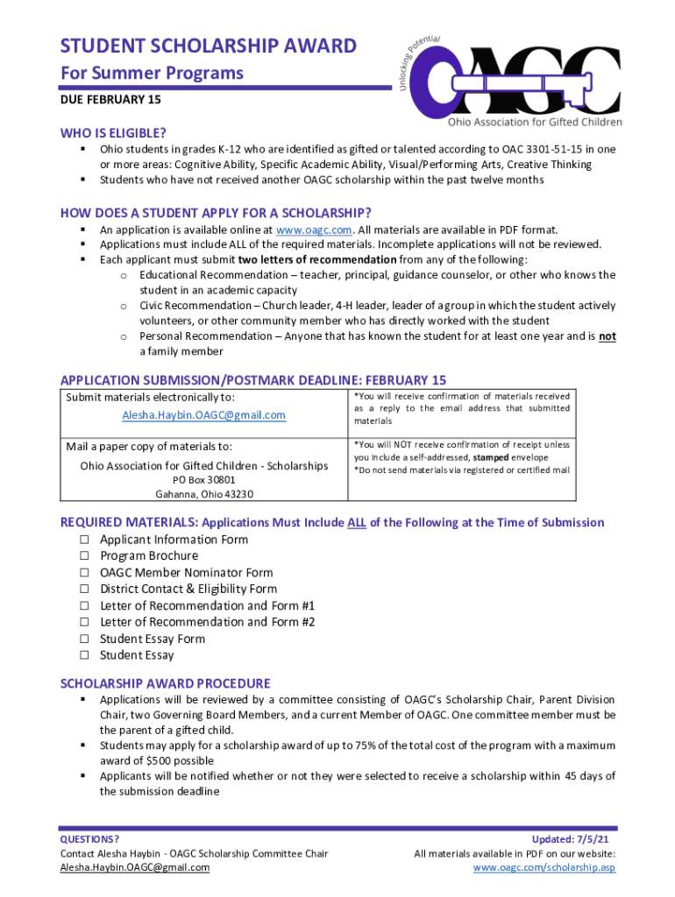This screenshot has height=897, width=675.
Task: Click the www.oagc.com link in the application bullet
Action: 314,230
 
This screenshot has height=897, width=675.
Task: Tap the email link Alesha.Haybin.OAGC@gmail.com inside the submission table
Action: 203,415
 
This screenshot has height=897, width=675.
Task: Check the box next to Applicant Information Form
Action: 85,540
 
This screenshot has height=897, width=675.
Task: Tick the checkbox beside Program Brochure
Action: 85,556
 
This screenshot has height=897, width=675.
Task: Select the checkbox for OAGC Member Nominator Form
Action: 85,573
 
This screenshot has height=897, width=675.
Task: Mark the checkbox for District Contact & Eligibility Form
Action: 85,590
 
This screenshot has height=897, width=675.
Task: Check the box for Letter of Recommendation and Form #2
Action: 85,623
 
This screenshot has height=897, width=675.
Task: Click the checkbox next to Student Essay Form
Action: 85,639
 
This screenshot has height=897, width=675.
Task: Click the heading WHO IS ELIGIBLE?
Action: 113,133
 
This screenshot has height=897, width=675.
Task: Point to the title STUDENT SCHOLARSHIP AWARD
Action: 208,46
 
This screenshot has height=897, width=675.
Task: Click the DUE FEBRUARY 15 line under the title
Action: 110,101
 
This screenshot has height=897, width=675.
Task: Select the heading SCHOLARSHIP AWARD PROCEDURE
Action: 165,683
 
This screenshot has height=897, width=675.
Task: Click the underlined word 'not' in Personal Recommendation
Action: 607,336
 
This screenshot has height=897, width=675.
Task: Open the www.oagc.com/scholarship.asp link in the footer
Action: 544,867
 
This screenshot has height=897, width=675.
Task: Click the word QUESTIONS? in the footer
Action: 89,839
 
